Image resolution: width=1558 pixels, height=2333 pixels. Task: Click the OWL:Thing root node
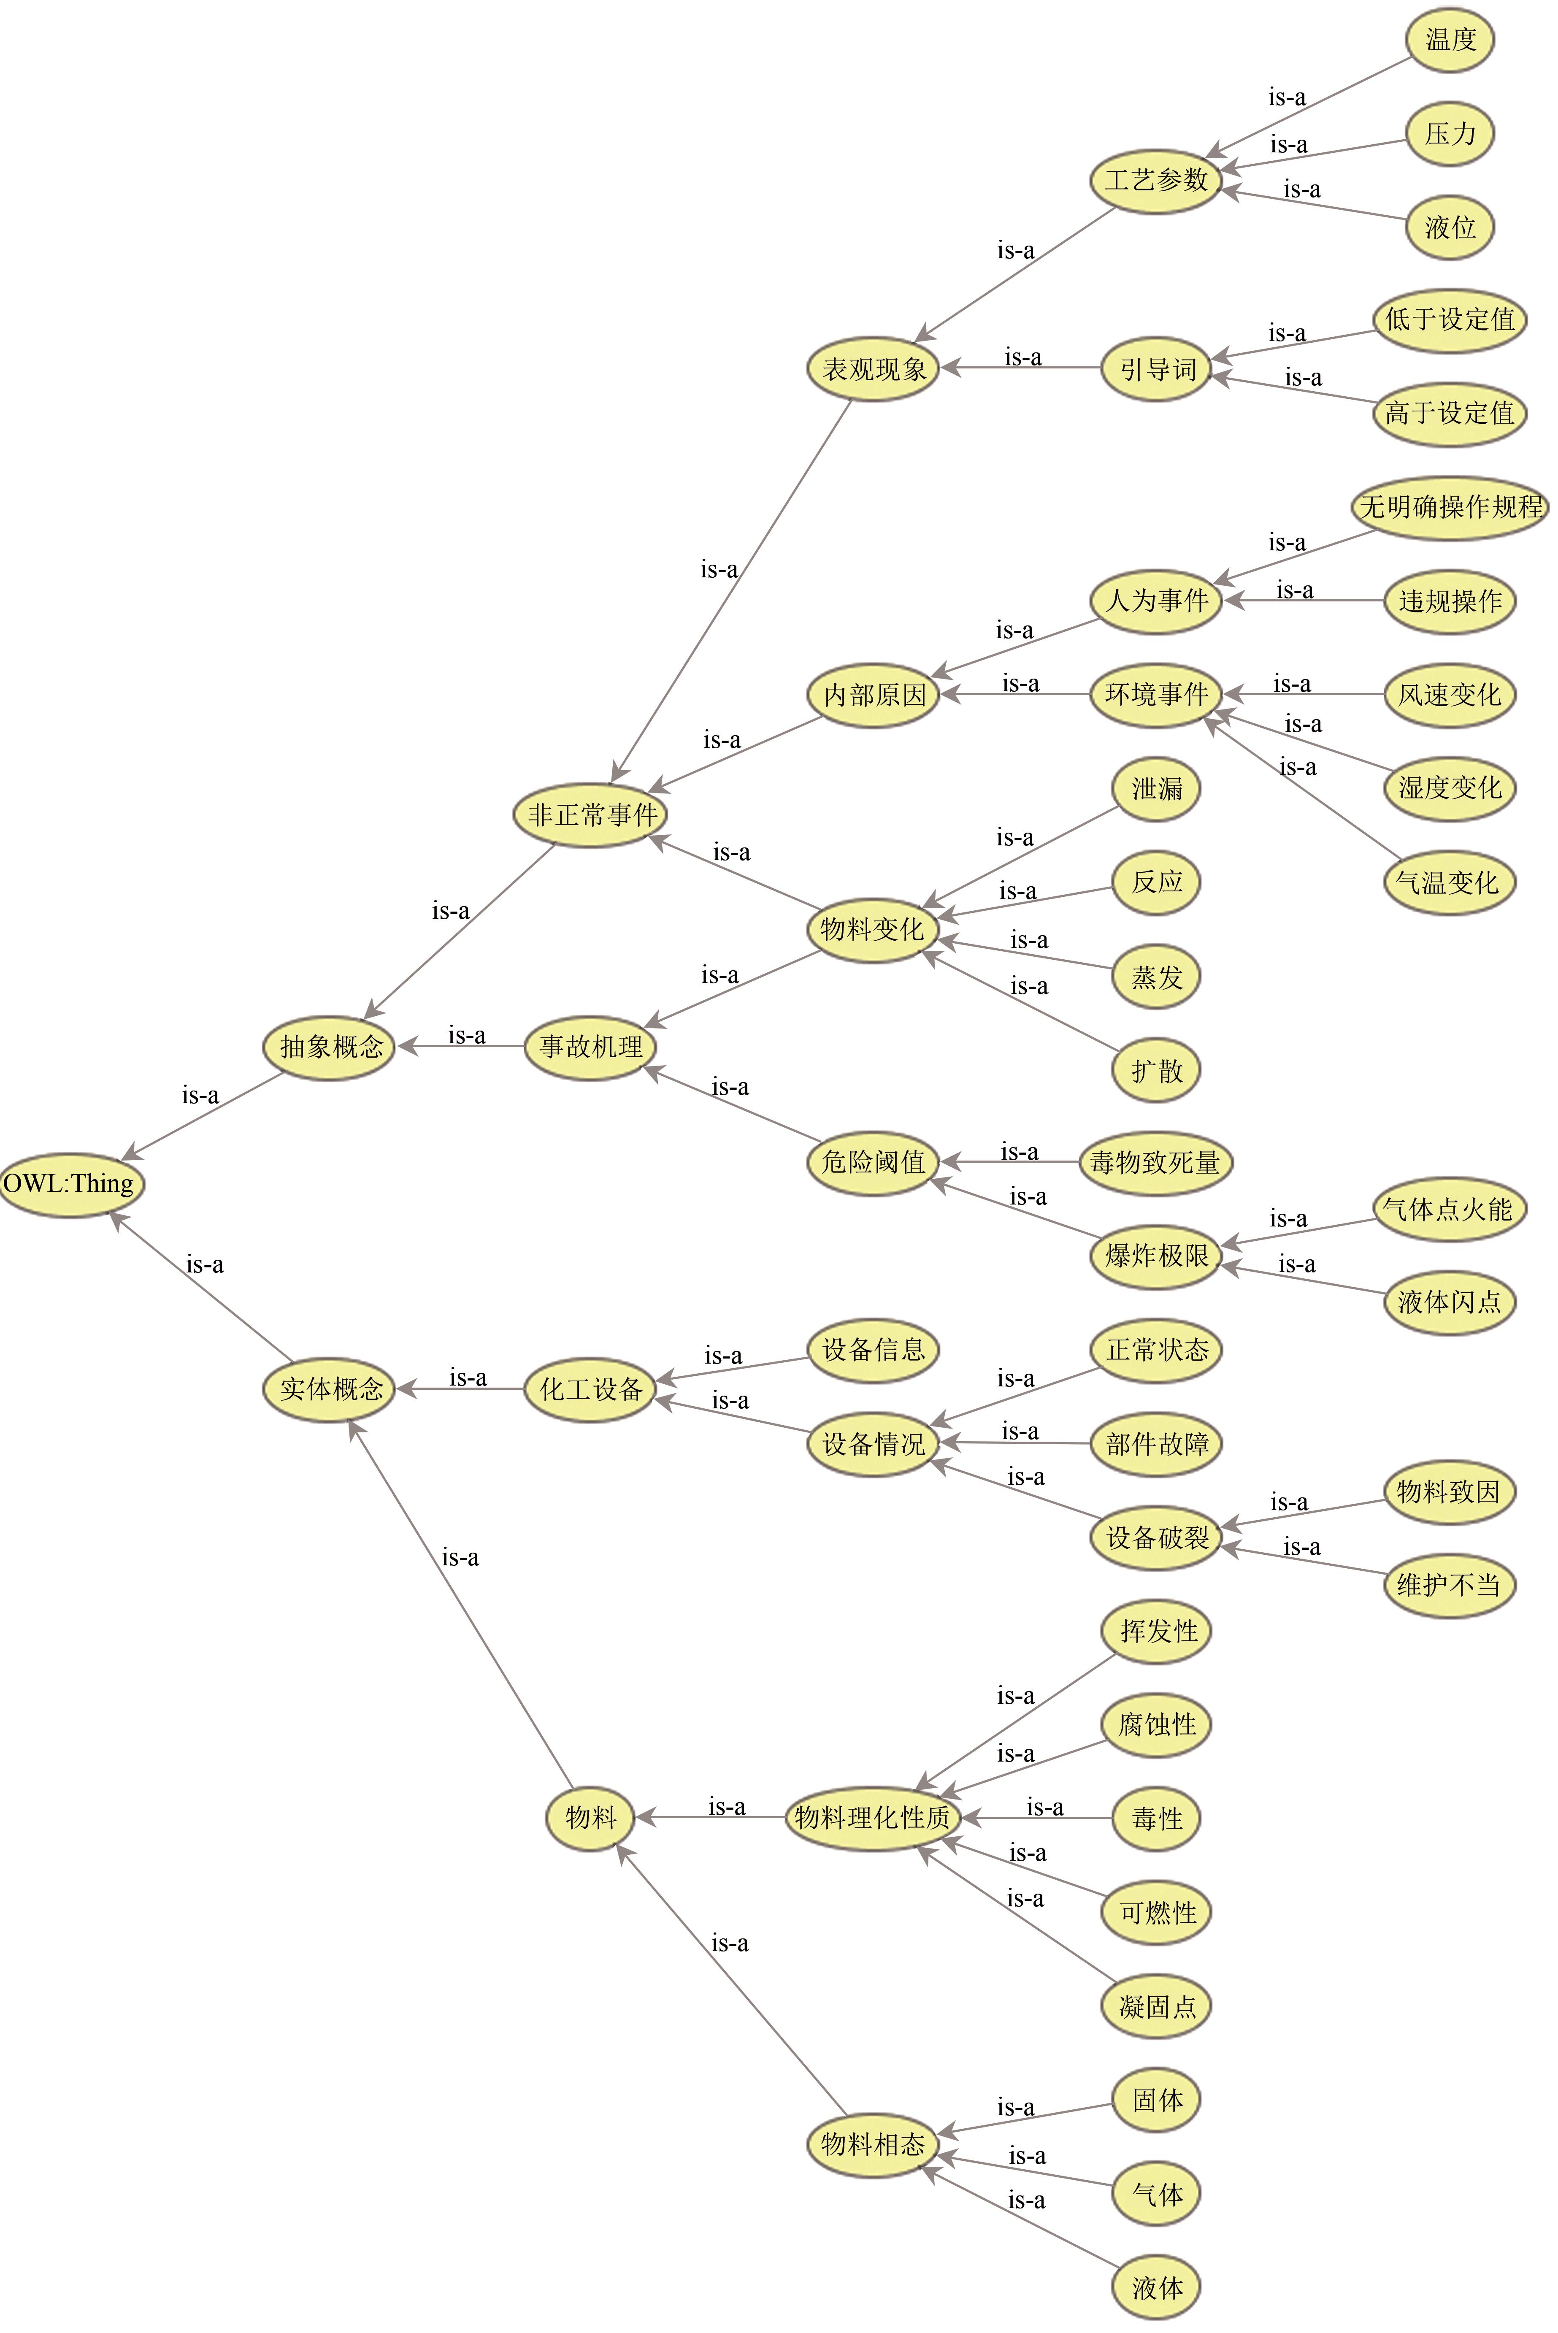pyautogui.click(x=70, y=1183)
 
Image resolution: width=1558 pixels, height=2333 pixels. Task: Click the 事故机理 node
pyautogui.click(x=591, y=1046)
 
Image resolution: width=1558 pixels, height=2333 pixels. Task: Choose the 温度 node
pyautogui.click(x=1450, y=40)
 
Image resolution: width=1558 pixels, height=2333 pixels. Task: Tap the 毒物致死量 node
pyautogui.click(x=1155, y=1161)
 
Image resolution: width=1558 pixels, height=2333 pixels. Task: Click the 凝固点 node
pyautogui.click(x=1157, y=2006)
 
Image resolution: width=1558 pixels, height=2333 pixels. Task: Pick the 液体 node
pyautogui.click(x=1157, y=2287)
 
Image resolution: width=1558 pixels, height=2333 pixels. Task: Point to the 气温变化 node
pyautogui.click(x=1449, y=881)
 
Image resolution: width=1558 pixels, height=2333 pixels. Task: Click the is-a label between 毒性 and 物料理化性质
pyautogui.click(x=1044, y=1806)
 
